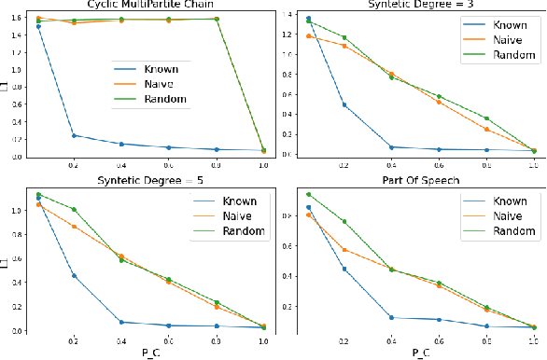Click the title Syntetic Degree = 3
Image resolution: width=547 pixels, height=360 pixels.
click(x=412, y=5)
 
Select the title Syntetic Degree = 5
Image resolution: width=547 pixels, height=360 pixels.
click(x=141, y=180)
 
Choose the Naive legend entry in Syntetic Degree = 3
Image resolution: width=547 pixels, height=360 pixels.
click(x=499, y=43)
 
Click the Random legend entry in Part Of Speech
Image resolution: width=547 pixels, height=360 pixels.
click(x=505, y=230)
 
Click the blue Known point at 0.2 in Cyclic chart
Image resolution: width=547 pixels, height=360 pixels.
click(x=73, y=135)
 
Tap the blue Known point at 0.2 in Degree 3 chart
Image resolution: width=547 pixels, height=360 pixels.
click(x=344, y=104)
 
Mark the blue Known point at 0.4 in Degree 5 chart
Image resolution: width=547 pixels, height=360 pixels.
click(x=120, y=322)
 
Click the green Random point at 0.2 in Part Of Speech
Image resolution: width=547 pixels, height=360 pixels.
click(x=344, y=221)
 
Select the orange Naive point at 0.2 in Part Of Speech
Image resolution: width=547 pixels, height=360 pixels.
click(x=344, y=250)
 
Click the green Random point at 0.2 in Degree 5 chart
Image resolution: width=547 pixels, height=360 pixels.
click(x=73, y=209)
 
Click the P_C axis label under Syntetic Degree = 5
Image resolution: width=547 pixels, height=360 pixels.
click(x=144, y=353)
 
